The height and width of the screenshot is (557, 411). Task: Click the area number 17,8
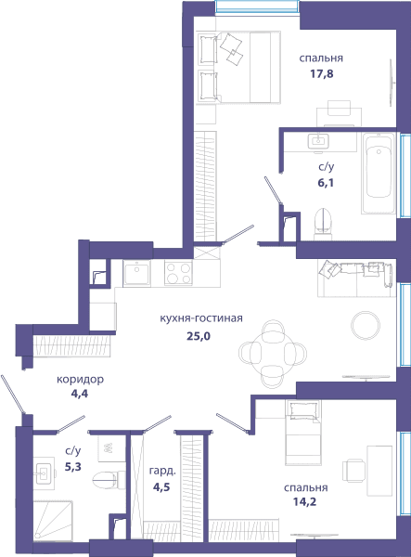(322, 74)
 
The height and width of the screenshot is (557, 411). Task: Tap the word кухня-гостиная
(201, 317)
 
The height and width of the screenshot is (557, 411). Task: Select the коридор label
(80, 380)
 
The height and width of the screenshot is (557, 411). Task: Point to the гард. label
(162, 471)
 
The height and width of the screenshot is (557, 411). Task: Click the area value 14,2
(304, 501)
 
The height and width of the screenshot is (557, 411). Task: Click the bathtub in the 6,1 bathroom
(379, 173)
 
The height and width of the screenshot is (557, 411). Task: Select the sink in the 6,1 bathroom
(318, 141)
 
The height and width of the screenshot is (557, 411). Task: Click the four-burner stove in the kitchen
(178, 273)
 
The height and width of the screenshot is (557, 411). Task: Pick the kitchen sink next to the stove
(136, 273)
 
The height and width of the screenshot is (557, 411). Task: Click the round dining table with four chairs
(273, 354)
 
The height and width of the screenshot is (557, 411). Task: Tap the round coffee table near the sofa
(366, 326)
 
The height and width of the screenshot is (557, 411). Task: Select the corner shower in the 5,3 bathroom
(53, 520)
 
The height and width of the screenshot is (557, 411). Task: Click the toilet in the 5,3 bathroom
(109, 480)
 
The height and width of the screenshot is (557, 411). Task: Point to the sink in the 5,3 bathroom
(44, 473)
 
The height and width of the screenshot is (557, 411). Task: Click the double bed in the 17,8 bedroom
(239, 67)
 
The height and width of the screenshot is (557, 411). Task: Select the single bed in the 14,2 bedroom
(303, 433)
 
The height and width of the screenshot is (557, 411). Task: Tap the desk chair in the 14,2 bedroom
(353, 471)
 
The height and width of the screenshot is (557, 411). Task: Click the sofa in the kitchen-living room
(356, 278)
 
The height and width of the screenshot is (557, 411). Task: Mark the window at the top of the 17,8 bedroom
(257, 7)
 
